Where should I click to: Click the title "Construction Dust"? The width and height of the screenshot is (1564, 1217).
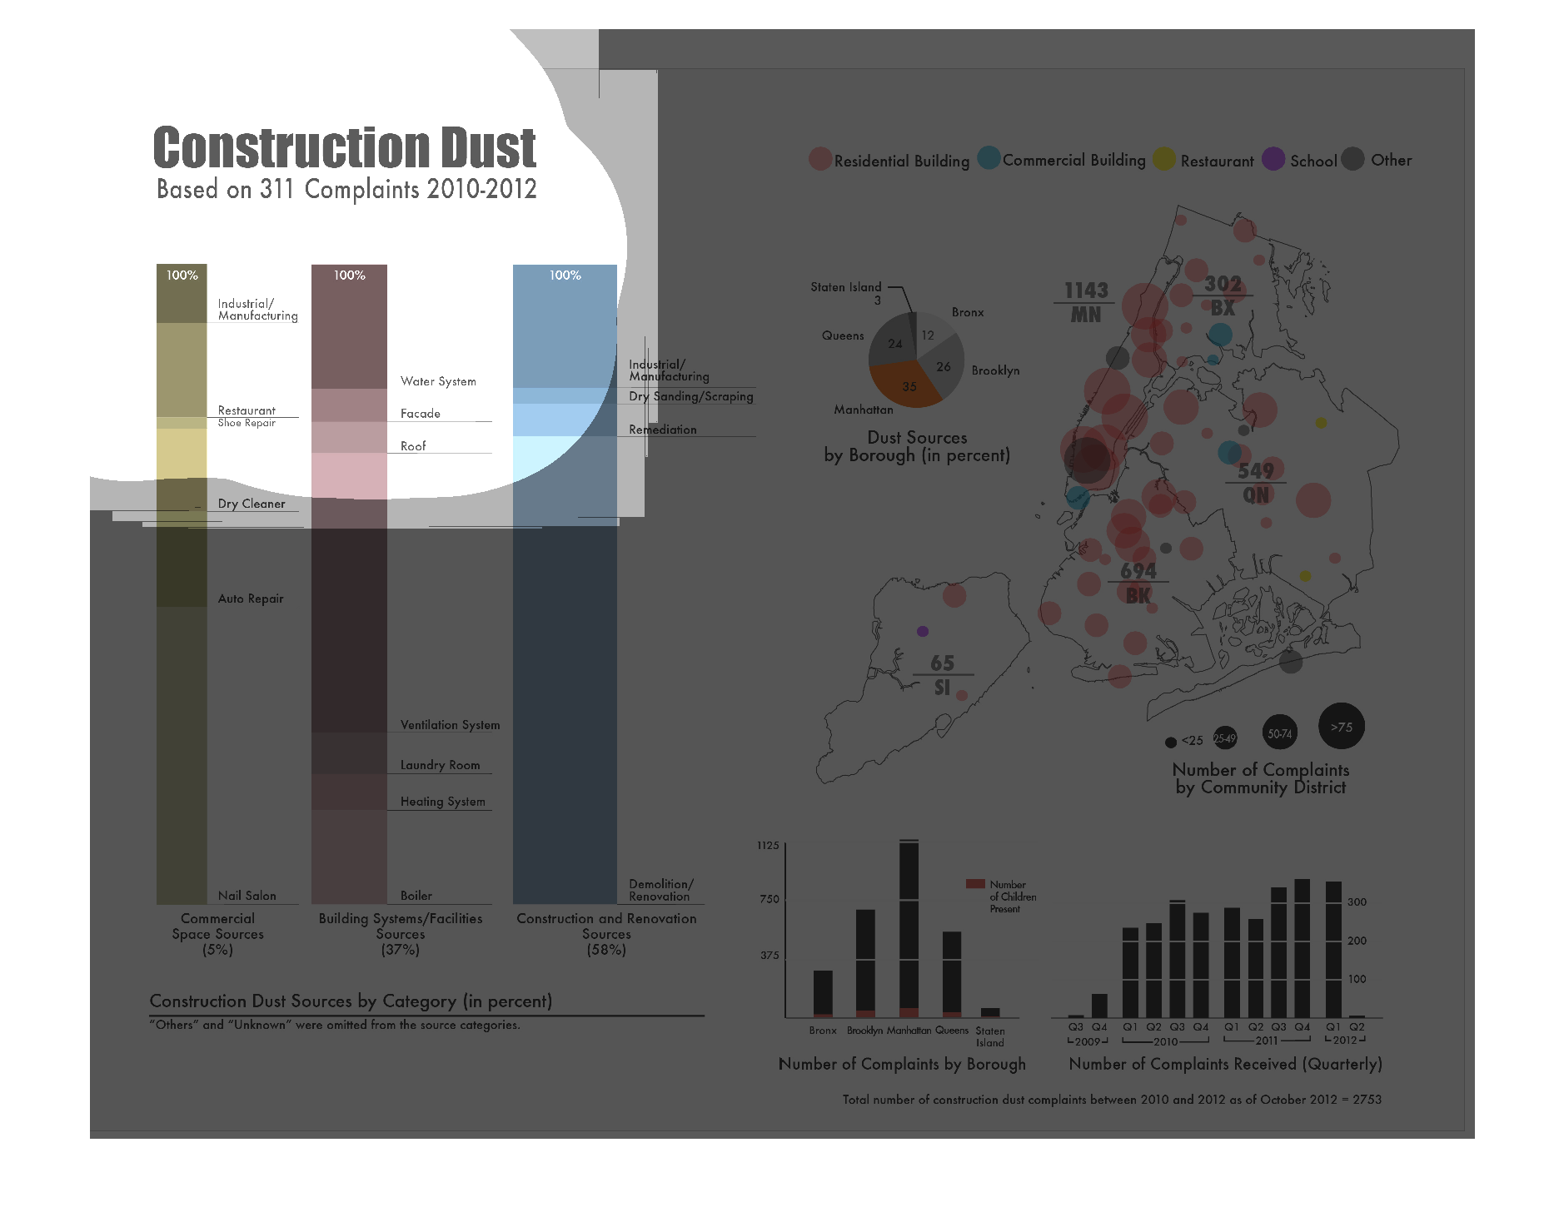tap(345, 148)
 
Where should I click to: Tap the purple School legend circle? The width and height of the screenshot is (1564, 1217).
tap(1273, 159)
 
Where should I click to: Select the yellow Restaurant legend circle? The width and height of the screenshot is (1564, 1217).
tap(1163, 159)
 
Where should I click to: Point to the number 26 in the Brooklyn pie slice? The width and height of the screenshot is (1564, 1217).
tap(944, 366)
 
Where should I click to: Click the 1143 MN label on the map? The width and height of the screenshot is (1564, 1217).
tap(1086, 302)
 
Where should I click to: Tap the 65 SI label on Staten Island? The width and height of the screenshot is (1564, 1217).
tap(942, 674)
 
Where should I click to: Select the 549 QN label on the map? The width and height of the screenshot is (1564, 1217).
tap(1256, 483)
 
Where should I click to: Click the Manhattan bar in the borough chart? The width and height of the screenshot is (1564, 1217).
tap(909, 928)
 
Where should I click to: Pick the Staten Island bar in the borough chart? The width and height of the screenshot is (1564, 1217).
tap(990, 1012)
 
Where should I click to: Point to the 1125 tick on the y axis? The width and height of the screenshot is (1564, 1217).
tap(768, 846)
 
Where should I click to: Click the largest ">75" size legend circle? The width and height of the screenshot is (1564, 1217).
tap(1341, 727)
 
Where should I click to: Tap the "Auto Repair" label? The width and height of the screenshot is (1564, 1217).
tap(251, 599)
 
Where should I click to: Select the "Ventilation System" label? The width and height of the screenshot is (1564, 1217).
tap(450, 725)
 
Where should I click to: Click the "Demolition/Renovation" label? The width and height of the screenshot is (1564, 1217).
tap(660, 890)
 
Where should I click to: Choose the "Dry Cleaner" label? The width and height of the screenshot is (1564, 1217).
tap(252, 504)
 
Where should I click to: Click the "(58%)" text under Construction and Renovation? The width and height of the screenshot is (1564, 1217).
tap(605, 950)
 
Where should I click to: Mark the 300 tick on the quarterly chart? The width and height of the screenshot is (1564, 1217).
tap(1357, 902)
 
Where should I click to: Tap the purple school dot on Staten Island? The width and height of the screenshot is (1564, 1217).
tap(922, 631)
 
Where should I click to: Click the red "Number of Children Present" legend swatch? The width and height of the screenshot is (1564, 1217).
tap(974, 884)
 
